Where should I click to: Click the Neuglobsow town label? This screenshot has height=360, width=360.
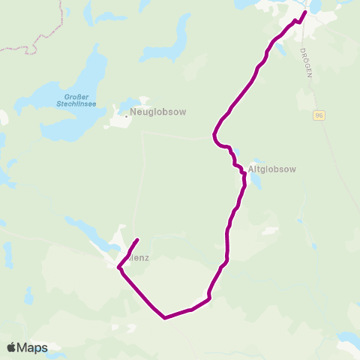157,112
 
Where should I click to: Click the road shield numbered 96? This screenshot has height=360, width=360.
319,115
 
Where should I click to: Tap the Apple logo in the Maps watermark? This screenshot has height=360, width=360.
12,347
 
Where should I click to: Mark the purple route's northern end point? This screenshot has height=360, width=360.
304,13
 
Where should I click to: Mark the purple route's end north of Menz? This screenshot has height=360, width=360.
137,240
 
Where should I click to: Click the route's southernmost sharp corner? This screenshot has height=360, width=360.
165,317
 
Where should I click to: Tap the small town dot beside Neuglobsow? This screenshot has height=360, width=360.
125,115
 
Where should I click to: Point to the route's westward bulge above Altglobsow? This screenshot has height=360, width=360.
215,135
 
